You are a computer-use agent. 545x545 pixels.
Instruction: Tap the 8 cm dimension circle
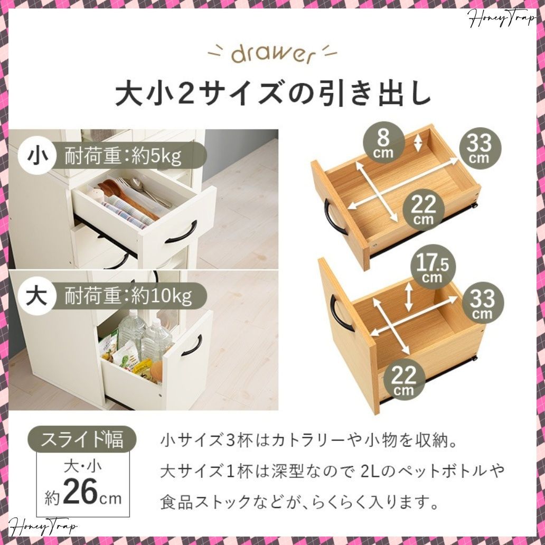pos(383,142)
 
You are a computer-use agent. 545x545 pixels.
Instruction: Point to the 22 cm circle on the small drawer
pos(424,208)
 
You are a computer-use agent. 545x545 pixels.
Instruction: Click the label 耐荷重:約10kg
pos(128,297)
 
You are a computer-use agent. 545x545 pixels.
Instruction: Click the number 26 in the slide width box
pos(80,492)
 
